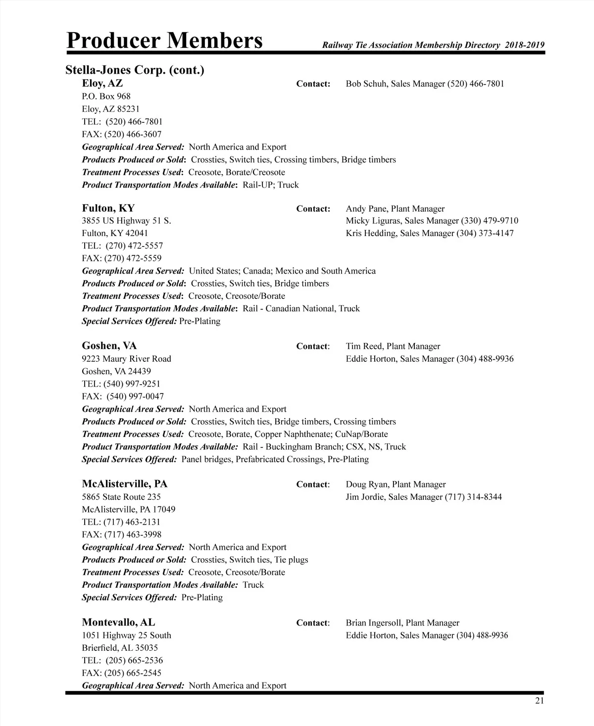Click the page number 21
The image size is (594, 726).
click(539, 700)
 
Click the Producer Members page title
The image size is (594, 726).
click(164, 41)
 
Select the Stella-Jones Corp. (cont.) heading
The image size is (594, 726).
click(135, 70)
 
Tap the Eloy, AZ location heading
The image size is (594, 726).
click(102, 83)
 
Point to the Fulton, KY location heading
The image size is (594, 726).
click(108, 208)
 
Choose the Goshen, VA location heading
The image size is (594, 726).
click(109, 345)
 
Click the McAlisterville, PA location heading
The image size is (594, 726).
click(125, 484)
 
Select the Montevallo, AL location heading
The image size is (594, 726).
click(118, 622)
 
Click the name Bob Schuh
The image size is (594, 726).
click(366, 84)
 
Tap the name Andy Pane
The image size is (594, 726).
click(366, 209)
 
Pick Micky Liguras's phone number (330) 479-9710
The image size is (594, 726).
click(490, 221)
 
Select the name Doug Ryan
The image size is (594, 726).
click(366, 484)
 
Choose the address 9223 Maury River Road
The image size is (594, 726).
click(126, 359)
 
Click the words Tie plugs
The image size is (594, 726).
click(291, 560)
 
